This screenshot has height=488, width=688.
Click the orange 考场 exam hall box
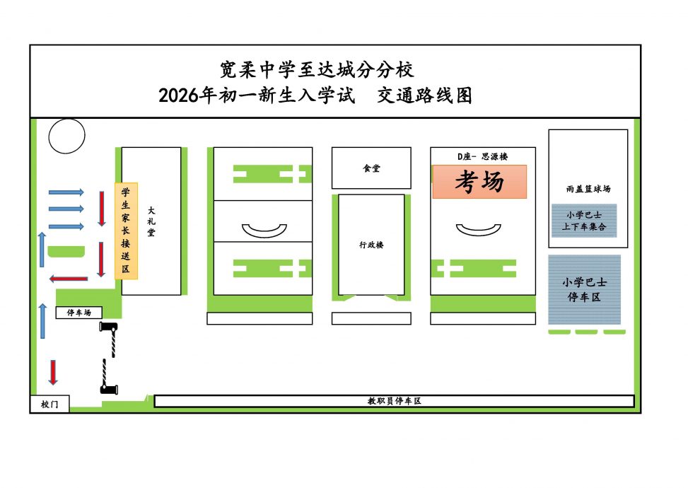point(479,182)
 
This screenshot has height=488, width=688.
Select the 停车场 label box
point(78,313)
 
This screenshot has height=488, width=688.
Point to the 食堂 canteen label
point(371,168)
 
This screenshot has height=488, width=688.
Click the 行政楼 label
point(371,245)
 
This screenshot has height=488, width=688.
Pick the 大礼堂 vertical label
point(151,221)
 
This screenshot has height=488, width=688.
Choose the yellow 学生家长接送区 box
point(126,231)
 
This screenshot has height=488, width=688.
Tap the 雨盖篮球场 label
point(588,189)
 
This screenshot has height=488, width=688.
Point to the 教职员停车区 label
point(394,401)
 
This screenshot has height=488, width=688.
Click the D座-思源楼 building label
point(483,156)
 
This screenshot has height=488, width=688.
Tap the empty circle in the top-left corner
point(66,135)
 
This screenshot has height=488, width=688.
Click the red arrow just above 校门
point(53,372)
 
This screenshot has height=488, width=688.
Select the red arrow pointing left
point(69,279)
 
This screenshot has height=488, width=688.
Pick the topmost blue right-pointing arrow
point(66,192)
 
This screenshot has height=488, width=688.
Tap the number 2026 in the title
point(179,95)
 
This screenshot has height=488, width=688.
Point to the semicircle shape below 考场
point(478,229)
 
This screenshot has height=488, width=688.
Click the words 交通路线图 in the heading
point(424,95)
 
